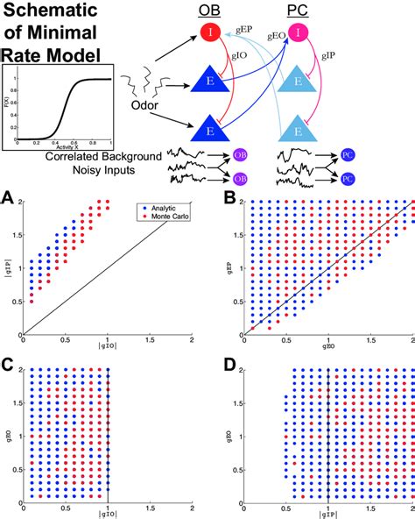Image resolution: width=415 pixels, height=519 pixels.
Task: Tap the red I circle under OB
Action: tap(209, 33)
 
